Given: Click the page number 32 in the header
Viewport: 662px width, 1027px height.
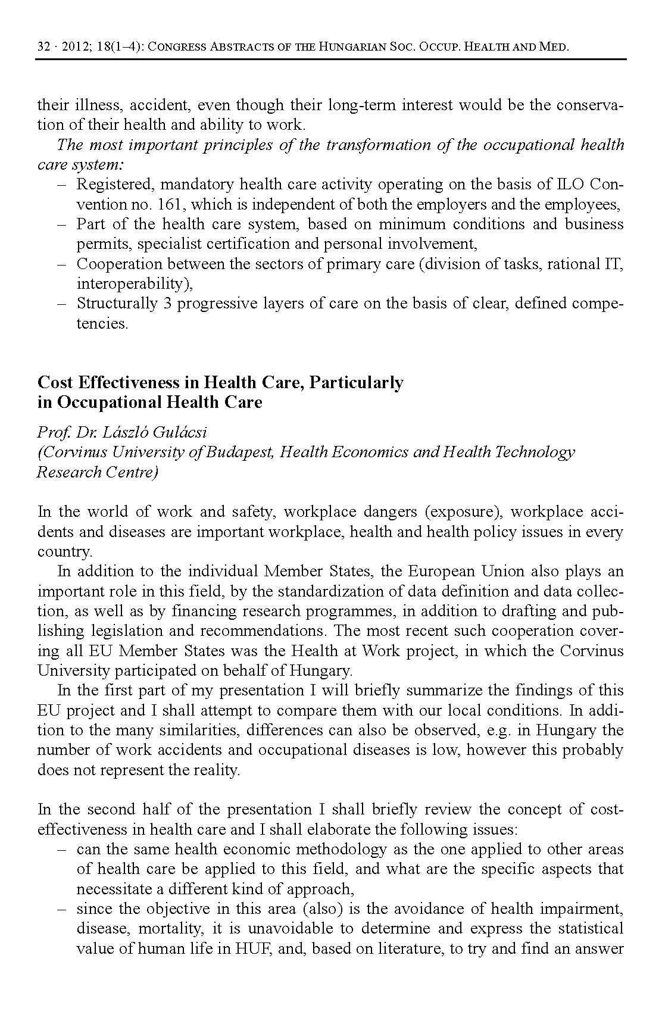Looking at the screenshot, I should pos(43,47).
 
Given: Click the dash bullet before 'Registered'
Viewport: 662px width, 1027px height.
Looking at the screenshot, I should pos(62,185).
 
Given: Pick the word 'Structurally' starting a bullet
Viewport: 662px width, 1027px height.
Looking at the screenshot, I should pos(117,304).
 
